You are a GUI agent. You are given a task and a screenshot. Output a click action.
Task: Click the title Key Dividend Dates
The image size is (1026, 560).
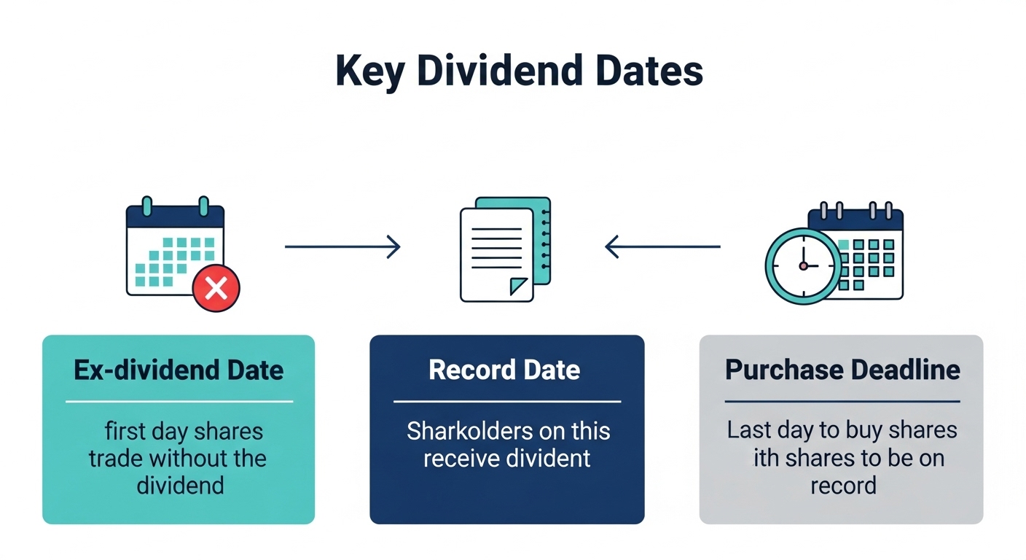pyautogui.click(x=519, y=71)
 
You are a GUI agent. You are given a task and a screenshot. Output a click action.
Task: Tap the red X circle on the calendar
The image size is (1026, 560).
pyautogui.click(x=216, y=289)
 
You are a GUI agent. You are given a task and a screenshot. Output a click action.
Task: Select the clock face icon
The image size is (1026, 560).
pyautogui.click(x=803, y=266)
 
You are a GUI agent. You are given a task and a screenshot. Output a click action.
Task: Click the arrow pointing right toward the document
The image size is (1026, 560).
pyautogui.click(x=342, y=246)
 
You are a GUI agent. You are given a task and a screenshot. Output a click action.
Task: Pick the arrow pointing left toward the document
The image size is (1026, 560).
pyautogui.click(x=662, y=246)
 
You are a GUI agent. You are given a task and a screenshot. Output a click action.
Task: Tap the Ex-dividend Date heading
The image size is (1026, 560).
pyautogui.click(x=179, y=370)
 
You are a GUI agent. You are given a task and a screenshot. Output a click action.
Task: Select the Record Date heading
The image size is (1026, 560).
pyautogui.click(x=504, y=370)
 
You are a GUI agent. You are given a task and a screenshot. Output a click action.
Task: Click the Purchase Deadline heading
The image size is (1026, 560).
pyautogui.click(x=842, y=370)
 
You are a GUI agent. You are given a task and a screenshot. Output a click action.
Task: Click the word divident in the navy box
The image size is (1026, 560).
pyautogui.click(x=555, y=459)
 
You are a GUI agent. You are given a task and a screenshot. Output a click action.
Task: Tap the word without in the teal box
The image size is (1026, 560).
pyautogui.click(x=194, y=459)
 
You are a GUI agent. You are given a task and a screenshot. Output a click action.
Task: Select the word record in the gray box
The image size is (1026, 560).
pyautogui.click(x=843, y=485)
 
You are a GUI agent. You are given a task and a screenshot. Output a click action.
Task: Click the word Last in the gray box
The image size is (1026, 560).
pyautogui.click(x=748, y=429)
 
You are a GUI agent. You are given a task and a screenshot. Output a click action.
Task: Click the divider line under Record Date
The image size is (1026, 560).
pyautogui.click(x=507, y=401)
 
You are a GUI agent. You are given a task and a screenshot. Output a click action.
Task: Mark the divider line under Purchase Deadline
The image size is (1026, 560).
pyautogui.click(x=842, y=401)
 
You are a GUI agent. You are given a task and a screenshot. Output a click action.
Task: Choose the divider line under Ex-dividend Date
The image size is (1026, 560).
pyautogui.click(x=179, y=401)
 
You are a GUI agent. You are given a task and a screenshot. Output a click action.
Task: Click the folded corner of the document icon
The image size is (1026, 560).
pyautogui.click(x=518, y=286)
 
